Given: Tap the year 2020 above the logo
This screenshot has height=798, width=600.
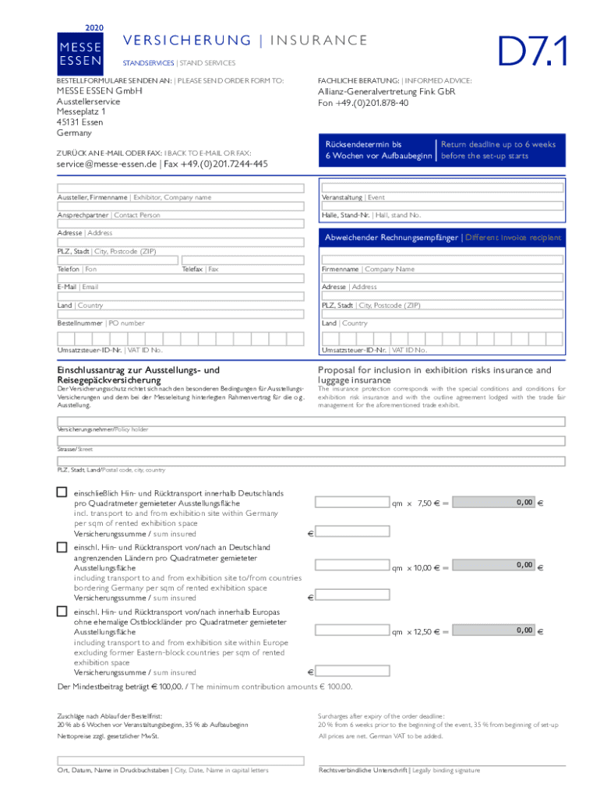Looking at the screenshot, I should point(94,27).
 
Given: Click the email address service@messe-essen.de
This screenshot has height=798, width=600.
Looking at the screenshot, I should point(107,164).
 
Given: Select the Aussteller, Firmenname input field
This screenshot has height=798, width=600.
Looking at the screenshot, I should point(180,188).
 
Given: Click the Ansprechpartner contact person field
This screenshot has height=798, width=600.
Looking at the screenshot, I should point(180,206).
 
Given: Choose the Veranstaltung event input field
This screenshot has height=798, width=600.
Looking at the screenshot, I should point(442,188).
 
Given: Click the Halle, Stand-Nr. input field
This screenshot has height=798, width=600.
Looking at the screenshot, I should point(442,206).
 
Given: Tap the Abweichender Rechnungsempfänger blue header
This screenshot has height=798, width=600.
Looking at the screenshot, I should point(442,238).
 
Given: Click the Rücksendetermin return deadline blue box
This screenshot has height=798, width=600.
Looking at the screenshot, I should point(442,150).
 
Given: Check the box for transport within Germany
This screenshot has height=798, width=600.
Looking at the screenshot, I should point(62,493).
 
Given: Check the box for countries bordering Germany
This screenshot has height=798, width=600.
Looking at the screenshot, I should point(62,547).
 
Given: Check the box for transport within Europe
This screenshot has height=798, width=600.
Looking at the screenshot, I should point(62,612).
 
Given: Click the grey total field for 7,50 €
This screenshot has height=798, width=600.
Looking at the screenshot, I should point(494,503).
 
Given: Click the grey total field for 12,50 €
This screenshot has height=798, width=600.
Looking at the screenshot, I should point(494,630).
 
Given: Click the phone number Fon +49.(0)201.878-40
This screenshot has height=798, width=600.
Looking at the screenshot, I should point(362,103).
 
